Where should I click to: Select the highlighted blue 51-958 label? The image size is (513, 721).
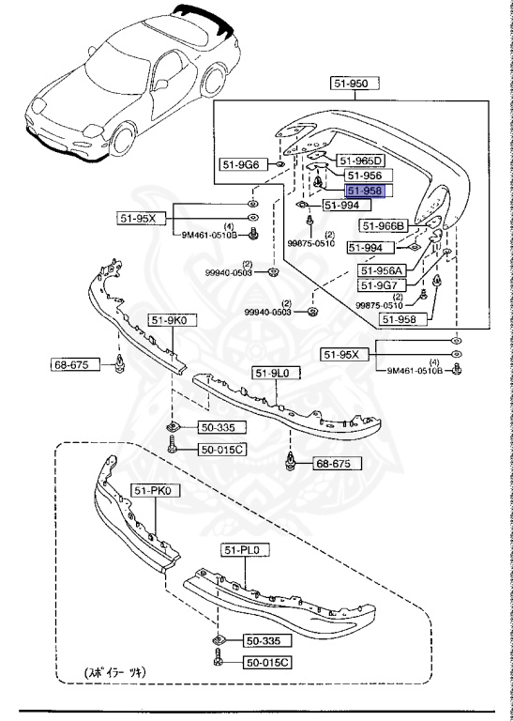[361, 191]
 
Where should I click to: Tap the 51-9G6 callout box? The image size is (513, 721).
[241, 165]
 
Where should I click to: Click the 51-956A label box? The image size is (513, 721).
[384, 270]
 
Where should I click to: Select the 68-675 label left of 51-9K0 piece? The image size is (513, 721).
[75, 363]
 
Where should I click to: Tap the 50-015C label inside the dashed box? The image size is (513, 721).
[268, 663]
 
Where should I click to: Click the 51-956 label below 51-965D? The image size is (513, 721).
[362, 175]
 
